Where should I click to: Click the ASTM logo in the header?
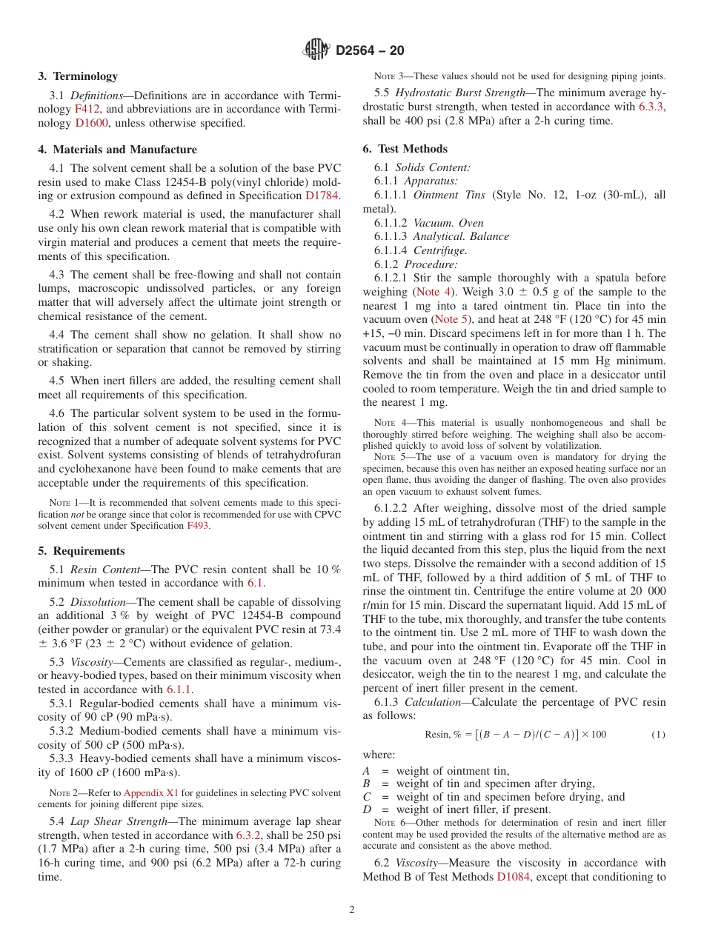click(317, 50)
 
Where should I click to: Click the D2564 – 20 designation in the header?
click(371, 50)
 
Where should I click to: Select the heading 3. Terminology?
click(78, 76)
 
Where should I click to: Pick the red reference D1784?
click(322, 196)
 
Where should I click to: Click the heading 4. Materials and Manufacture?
click(117, 150)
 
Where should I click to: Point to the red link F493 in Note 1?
click(197, 526)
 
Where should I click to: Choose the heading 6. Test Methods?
click(405, 149)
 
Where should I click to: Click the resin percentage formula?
click(515, 735)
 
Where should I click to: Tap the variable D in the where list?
click(366, 809)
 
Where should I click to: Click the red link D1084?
click(512, 877)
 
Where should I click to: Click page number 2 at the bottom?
click(352, 910)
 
